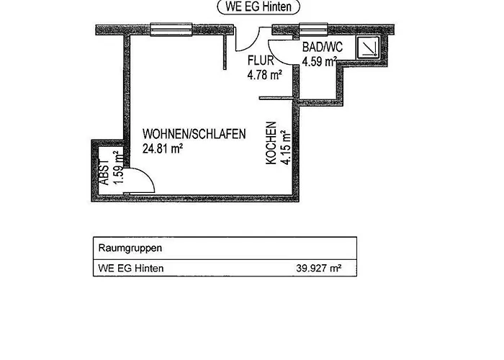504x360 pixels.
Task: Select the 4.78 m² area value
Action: coord(264,74)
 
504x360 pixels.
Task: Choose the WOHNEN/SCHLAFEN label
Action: coord(194,134)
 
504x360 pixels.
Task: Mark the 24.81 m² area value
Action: coord(163,149)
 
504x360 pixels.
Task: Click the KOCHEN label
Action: coord(271,143)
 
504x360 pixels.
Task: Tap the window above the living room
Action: coord(168,30)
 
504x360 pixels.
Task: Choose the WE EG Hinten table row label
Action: coord(130,269)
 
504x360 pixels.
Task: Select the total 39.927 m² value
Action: coord(318,269)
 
